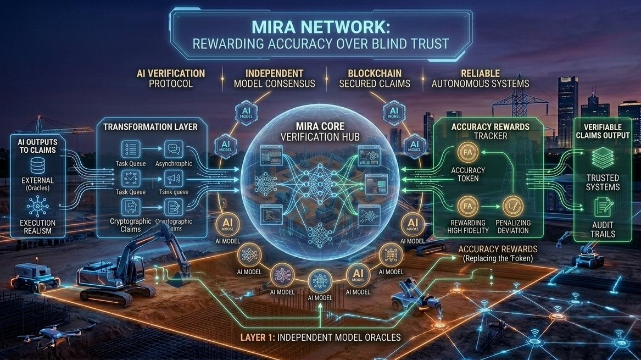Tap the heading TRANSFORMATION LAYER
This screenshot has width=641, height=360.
[x=150, y=127]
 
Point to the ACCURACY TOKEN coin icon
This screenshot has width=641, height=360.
[x=468, y=152]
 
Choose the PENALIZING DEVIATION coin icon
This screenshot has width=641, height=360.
[x=513, y=206]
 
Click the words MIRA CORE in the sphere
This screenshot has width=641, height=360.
[x=320, y=126]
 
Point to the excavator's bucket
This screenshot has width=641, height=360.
[x=177, y=280]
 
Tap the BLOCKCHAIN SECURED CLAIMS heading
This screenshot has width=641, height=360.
[x=375, y=79]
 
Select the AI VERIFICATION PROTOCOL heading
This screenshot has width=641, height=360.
[x=171, y=79]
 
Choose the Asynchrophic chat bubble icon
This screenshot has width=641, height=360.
[x=174, y=148]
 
